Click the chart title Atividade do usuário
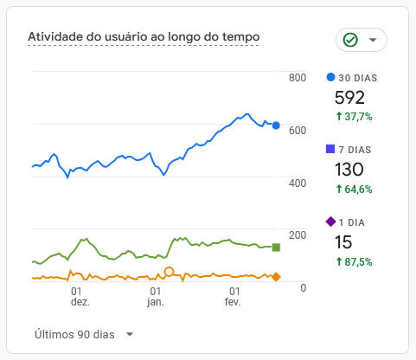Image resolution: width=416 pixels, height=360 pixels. click(144, 37)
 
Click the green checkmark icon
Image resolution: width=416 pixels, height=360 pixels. click(350, 41)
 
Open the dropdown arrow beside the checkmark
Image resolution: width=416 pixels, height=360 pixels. click(373, 41)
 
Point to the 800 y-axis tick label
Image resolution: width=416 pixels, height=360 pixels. click(298, 78)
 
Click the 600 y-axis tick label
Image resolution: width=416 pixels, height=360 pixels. click(298, 131)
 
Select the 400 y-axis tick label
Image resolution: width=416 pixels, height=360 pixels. click(298, 183)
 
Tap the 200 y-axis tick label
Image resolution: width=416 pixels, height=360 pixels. click(298, 235)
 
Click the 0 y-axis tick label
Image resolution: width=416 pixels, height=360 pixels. click(303, 287)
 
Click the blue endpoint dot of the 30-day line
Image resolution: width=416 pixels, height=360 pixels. click(276, 125)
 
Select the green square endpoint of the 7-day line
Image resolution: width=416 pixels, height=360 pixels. click(276, 247)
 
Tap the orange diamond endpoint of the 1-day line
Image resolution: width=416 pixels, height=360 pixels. click(276, 277)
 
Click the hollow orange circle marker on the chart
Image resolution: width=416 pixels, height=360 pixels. click(170, 272)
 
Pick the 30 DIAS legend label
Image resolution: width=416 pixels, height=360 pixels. click(357, 78)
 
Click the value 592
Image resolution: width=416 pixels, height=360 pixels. click(349, 97)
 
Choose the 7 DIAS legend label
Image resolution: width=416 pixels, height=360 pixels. click(354, 150)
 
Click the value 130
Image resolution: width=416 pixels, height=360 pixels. click(349, 170)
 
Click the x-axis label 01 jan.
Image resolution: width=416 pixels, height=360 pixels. click(156, 297)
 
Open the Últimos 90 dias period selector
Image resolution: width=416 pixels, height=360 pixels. click(84, 334)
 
